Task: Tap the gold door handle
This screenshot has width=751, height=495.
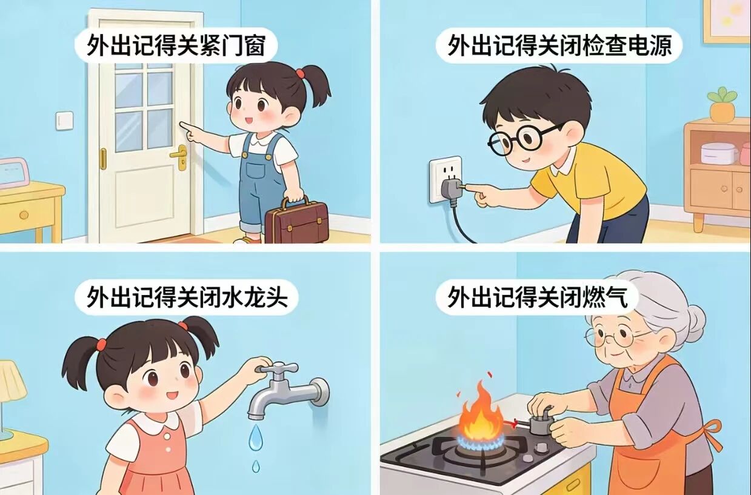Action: tap(179, 157)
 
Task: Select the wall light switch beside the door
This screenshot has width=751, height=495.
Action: tap(64, 121)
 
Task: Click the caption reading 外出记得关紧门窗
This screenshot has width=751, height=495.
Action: tap(176, 45)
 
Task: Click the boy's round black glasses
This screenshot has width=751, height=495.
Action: tap(521, 140)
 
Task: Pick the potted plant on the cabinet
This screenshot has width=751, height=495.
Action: tap(721, 104)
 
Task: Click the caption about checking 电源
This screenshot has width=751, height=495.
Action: tap(559, 45)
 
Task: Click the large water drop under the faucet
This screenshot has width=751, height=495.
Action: tap(255, 437)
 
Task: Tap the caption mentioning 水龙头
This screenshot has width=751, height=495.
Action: tap(187, 297)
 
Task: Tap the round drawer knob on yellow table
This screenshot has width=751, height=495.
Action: tap(24, 215)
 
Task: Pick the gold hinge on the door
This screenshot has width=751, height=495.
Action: tap(103, 159)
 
